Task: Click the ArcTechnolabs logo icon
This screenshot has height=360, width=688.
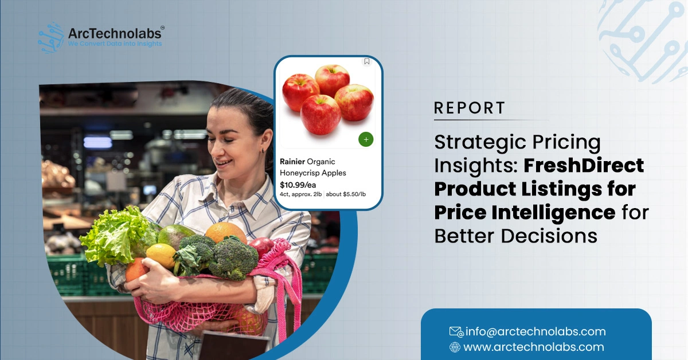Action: click(x=51, y=38)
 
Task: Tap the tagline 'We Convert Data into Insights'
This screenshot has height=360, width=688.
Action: click(x=115, y=44)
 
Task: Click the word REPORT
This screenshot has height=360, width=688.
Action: click(x=470, y=108)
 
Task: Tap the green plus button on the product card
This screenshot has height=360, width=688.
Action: click(x=366, y=139)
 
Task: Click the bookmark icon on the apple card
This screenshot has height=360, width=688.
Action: click(x=367, y=62)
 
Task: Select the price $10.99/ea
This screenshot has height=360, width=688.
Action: click(x=298, y=185)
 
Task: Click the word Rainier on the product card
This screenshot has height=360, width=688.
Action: click(x=292, y=162)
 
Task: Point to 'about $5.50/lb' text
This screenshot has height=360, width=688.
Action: click(x=346, y=194)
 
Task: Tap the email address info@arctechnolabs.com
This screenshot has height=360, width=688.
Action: click(x=535, y=331)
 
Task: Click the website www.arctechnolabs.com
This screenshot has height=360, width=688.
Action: click(x=534, y=347)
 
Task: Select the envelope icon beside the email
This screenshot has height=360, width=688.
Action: click(x=456, y=331)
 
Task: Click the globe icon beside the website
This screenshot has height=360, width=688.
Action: click(x=455, y=347)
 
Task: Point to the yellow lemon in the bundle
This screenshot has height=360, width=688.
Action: click(x=161, y=255)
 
